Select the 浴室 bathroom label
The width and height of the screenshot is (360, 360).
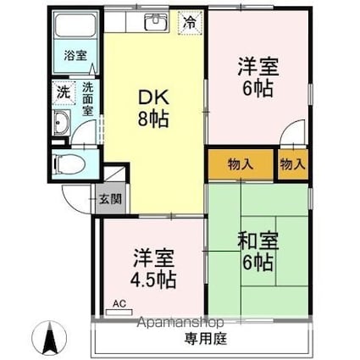pyautogui.click(x=75, y=56)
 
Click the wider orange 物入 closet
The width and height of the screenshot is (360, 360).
pyautogui.click(x=241, y=164)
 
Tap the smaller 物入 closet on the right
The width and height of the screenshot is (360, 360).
pyautogui.click(x=292, y=164)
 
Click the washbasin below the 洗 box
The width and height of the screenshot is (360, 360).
pyautogui.click(x=62, y=127)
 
